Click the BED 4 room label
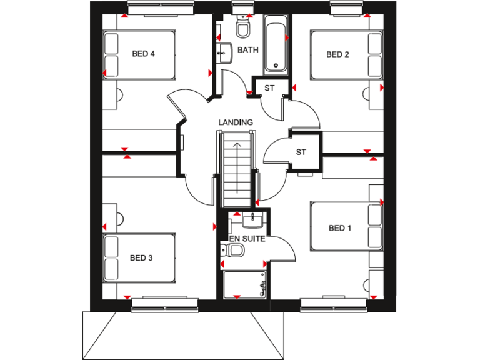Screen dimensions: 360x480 tap(143, 54)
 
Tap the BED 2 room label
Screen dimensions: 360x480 tap(337, 54)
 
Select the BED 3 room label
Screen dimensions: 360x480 tap(141, 257)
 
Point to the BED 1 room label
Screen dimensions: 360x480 tap(340, 228)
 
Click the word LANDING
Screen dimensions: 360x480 tap(236, 122)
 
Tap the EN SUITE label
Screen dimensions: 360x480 tap(247, 239)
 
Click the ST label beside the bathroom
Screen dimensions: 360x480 tap(269, 88)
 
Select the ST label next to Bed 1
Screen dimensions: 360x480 tap(301, 152)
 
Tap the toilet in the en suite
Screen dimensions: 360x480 tap(234, 251)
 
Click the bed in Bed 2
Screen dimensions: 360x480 tap(346, 54)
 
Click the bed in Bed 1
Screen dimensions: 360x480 tap(346, 228)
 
